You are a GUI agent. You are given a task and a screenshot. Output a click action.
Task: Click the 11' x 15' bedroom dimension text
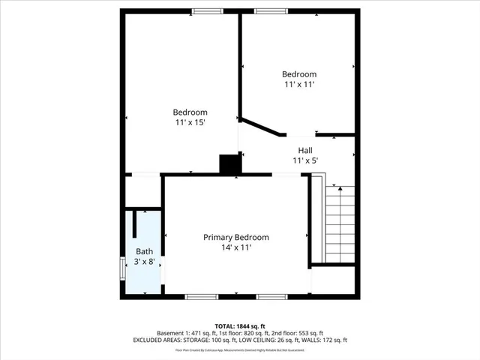[x=190, y=121]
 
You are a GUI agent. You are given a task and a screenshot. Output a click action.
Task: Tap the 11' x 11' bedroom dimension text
[x=298, y=85]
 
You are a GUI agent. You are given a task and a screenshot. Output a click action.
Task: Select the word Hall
[x=304, y=150]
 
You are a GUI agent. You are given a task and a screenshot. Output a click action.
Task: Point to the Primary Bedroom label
[x=236, y=237]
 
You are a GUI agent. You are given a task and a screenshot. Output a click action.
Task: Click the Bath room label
[x=144, y=251]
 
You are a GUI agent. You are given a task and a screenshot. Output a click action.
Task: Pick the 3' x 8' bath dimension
[x=144, y=262]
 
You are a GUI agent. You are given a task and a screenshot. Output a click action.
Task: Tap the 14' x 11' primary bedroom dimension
[x=236, y=247]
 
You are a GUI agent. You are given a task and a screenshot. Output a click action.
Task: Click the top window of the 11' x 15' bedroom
[x=207, y=11]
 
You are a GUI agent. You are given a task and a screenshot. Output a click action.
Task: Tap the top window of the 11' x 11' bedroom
[x=269, y=11]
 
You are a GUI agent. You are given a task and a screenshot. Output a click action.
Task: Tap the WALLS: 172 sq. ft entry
[x=322, y=340]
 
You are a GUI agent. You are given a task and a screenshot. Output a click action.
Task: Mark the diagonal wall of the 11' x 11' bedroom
[x=262, y=127]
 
